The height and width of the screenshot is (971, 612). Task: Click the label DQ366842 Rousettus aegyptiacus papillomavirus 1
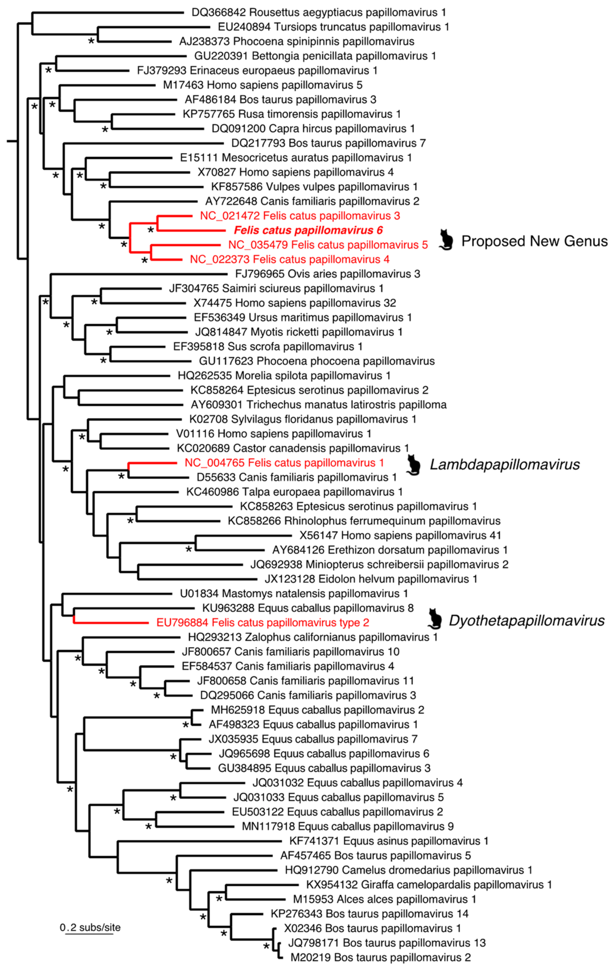pos(319,12)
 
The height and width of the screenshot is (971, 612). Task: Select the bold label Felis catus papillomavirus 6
pos(308,230)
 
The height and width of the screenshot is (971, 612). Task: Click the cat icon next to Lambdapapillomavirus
pos(413,465)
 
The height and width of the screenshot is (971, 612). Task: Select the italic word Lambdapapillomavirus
pos(505,465)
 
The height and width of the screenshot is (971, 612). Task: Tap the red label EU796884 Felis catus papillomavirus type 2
pos(263,623)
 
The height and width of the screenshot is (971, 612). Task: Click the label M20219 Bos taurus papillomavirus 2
pos(380,957)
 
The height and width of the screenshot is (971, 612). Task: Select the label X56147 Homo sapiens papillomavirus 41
pos(400,535)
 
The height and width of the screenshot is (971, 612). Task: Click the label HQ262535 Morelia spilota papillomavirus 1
pos(284,376)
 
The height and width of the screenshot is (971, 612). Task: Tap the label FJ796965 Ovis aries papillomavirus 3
pos(328,274)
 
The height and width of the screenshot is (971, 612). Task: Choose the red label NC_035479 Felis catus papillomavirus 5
pos(328,245)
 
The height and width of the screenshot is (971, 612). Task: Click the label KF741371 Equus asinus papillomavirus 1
pos(388,841)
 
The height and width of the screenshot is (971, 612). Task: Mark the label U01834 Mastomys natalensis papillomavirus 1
pos(294,594)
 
